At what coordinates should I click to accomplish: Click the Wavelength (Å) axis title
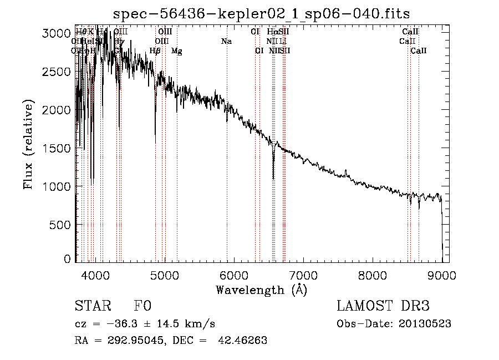point(261,290)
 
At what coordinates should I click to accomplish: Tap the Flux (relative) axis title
point(29,144)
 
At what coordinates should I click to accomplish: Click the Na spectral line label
point(226,42)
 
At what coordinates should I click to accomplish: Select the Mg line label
point(176,51)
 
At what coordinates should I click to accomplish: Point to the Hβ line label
point(155,51)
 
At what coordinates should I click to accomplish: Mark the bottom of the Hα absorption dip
point(273,178)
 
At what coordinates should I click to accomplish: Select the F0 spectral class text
point(142,306)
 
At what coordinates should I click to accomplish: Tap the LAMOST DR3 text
point(383,306)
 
